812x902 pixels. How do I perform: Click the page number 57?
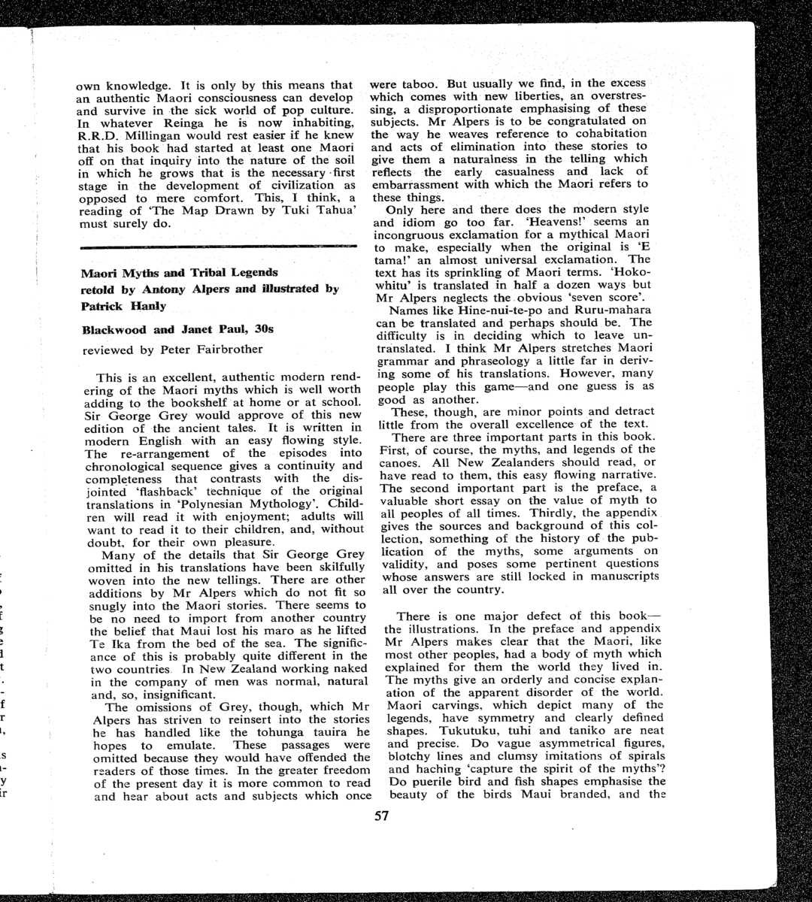(x=381, y=816)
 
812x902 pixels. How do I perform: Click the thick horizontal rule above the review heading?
(x=217, y=247)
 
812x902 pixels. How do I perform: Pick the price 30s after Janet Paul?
(x=262, y=329)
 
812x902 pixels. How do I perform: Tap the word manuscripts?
(x=622, y=576)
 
